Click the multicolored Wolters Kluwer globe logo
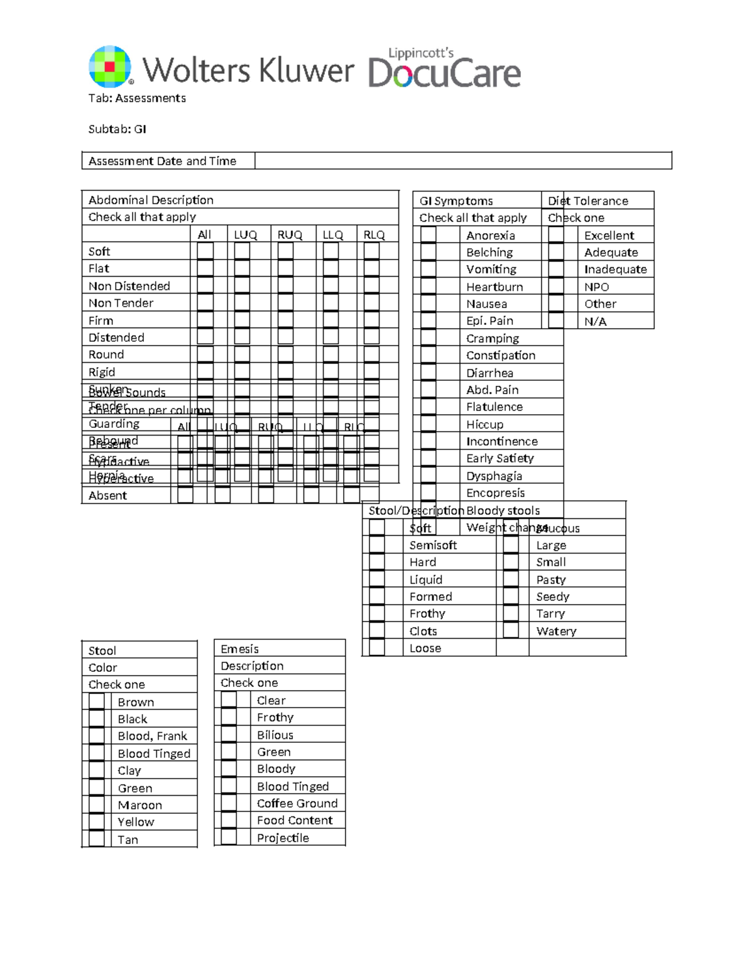pyautogui.click(x=111, y=66)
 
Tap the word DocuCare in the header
pyautogui.click(x=444, y=73)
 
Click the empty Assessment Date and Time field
pyautogui.click(x=463, y=161)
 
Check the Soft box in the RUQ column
pyautogui.click(x=285, y=251)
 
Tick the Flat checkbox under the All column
pyautogui.click(x=205, y=268)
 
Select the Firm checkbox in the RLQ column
pyautogui.click(x=371, y=320)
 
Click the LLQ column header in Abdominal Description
pyautogui.click(x=332, y=235)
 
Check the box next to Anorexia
pyautogui.click(x=429, y=235)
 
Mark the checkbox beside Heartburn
pyautogui.click(x=429, y=287)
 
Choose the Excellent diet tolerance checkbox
pyautogui.click(x=556, y=235)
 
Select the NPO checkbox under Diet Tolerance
pyautogui.click(x=556, y=287)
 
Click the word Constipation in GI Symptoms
pyautogui.click(x=500, y=355)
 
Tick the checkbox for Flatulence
pyautogui.click(x=429, y=407)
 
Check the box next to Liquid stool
pyautogui.click(x=377, y=579)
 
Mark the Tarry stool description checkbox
pyautogui.click(x=511, y=613)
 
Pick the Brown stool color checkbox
pyautogui.click(x=97, y=701)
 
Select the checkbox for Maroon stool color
pyautogui.click(x=97, y=804)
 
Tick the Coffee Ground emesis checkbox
pyautogui.click(x=229, y=803)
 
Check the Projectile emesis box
pyautogui.click(x=229, y=837)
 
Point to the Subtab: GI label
pyautogui.click(x=117, y=129)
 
